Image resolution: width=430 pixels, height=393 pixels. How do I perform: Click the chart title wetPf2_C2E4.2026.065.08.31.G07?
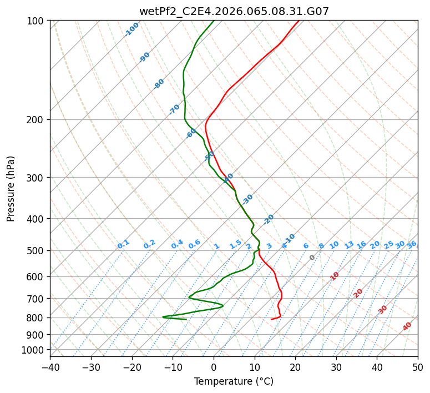point(234,11)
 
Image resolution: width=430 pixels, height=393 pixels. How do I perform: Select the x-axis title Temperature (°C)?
point(234,381)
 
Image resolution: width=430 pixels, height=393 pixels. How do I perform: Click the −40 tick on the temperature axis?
point(50,367)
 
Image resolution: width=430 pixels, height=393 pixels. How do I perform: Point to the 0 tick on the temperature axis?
point(214,367)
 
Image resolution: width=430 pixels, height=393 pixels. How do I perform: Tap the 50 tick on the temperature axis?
point(418,367)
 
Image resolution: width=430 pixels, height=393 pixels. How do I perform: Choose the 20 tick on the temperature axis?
point(295,367)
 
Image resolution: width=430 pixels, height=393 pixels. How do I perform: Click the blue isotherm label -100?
point(132,29)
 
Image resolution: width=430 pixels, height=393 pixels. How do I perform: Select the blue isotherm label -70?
point(174,109)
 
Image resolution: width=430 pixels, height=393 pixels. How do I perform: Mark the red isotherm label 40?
point(407,326)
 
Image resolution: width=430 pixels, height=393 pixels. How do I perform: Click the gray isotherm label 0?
point(312,258)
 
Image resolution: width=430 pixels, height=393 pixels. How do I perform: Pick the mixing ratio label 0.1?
point(123,244)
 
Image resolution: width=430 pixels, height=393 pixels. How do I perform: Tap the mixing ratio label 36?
point(412,245)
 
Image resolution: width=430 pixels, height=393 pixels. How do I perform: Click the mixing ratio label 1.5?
point(235,244)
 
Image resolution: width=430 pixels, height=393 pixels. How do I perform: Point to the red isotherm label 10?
point(335,276)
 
